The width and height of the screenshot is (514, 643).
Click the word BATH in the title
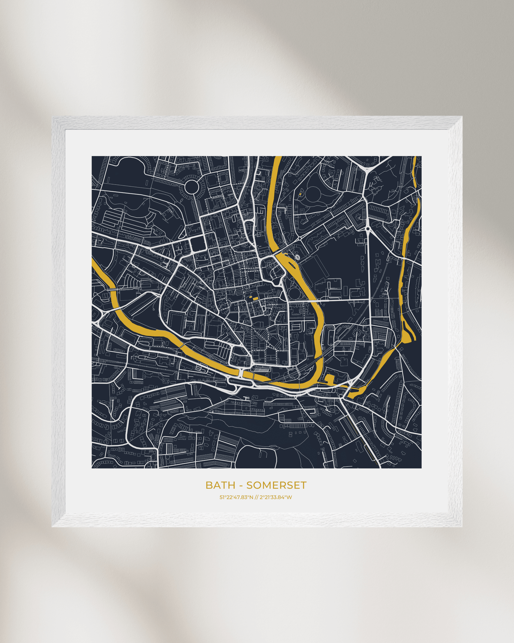pyautogui.click(x=220, y=485)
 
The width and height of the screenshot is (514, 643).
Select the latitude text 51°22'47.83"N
pyautogui.click(x=236, y=497)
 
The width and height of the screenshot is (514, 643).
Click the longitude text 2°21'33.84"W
pyautogui.click(x=276, y=497)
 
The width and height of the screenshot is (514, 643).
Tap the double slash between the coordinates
pyautogui.click(x=256, y=497)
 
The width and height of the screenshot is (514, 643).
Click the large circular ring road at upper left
pyautogui.click(x=191, y=186)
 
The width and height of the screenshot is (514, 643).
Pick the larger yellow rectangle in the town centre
pyautogui.click(x=256, y=299)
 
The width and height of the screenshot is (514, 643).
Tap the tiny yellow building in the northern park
pyautogui.click(x=300, y=194)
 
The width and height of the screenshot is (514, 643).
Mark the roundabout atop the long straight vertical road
pyautogui.click(x=367, y=228)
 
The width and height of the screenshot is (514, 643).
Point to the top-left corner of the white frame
pyautogui.click(x=52, y=117)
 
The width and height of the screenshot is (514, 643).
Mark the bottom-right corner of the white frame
pyautogui.click(x=462, y=526)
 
